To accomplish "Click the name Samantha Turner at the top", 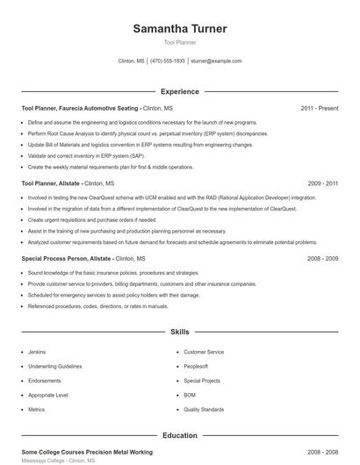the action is (180, 29).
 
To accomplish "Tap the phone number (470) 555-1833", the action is (168, 61).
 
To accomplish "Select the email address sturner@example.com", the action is (216, 61).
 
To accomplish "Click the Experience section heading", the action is (180, 91).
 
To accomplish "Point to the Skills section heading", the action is (180, 333).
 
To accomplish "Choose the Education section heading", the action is (180, 434).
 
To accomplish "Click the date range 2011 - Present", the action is (320, 109).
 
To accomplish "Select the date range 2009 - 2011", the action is (323, 184).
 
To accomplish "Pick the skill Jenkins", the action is (37, 352).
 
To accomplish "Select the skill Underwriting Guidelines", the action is (54, 366).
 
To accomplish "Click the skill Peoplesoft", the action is (196, 366).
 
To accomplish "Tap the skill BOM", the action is (190, 395).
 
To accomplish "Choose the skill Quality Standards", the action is (204, 409).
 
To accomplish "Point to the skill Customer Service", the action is (204, 352).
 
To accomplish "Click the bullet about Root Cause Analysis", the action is (148, 133).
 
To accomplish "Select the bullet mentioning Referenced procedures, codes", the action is (97, 306).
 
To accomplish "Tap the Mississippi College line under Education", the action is (58, 461).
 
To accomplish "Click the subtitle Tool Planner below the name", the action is (180, 42).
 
